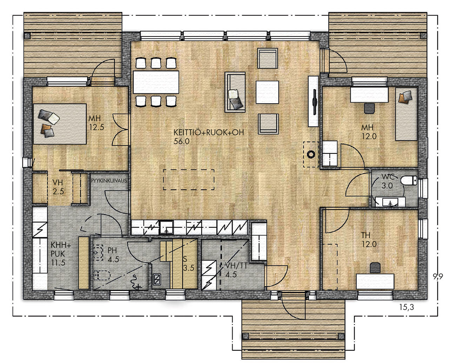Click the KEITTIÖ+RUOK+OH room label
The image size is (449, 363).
pyautogui.click(x=208, y=137)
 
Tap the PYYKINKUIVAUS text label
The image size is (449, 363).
pyautogui.click(x=109, y=181)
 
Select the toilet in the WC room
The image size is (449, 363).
pyautogui.click(x=409, y=181)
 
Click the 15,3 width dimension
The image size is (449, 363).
pyautogui.click(x=407, y=307)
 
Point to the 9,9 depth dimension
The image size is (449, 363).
pyautogui.click(x=438, y=276)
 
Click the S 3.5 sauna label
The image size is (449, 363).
pyautogui.click(x=188, y=263)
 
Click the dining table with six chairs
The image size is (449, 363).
pyautogui.click(x=156, y=82)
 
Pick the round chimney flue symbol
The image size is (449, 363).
pyautogui.click(x=311, y=154)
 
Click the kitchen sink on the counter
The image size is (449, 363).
pyautogui.click(x=166, y=227)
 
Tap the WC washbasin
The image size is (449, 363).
pyautogui.click(x=390, y=202)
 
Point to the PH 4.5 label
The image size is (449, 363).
pyautogui.click(x=113, y=255)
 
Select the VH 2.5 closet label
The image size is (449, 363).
pyautogui.click(x=58, y=187)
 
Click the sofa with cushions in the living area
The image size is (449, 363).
pyautogui.click(x=235, y=92)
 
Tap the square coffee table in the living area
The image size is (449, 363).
pyautogui.click(x=267, y=92)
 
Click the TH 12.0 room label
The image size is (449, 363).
pyautogui.click(x=369, y=240)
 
